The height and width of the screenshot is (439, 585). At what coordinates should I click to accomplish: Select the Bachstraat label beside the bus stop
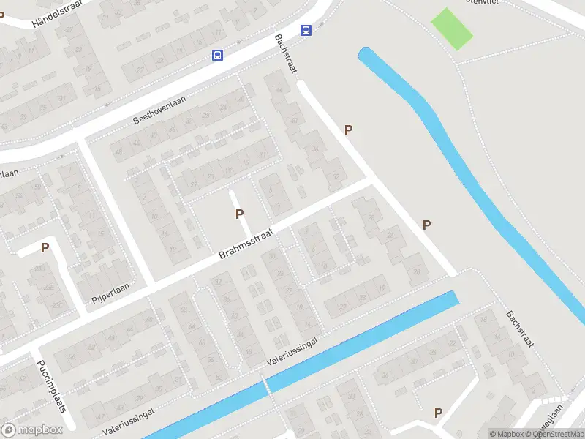point(286,53)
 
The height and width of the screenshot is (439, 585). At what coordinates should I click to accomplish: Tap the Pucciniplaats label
point(52,385)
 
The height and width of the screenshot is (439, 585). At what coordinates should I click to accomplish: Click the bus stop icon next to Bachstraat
point(306,30)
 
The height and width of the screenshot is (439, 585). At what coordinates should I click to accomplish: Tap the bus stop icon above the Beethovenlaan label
point(216,55)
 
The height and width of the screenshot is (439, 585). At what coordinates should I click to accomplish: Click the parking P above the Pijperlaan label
point(45,247)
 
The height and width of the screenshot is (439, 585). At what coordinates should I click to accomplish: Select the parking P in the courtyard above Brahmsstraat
point(238,214)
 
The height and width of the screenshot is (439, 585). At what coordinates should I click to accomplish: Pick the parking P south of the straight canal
point(438,413)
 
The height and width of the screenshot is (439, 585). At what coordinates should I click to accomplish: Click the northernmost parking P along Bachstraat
point(349,130)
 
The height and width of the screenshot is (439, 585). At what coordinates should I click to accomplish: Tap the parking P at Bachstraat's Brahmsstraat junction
point(426,225)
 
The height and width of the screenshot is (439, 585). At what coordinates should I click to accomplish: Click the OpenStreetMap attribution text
point(556,434)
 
